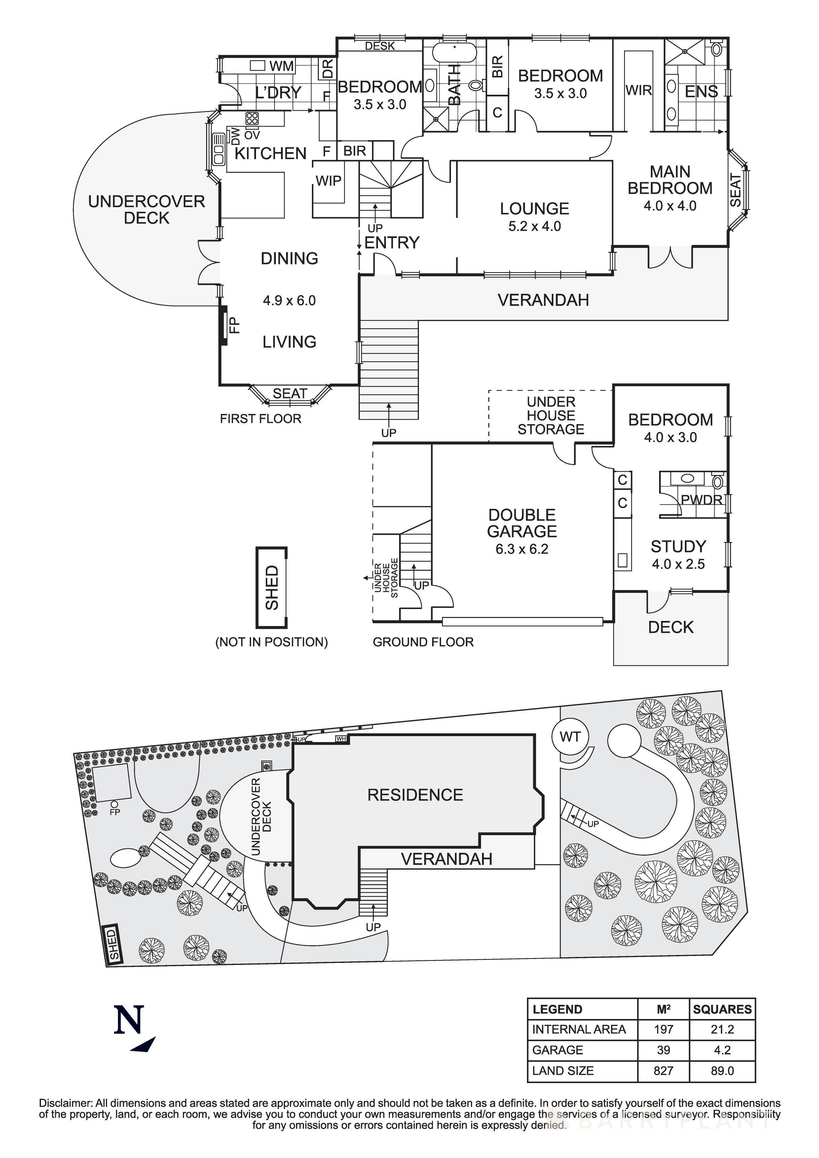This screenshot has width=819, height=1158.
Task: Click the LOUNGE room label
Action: pyautogui.click(x=535, y=209)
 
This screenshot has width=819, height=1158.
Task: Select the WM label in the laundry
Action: pyautogui.click(x=281, y=66)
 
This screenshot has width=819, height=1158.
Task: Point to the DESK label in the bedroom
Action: pyautogui.click(x=380, y=46)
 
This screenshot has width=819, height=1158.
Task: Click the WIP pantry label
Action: pyautogui.click(x=328, y=181)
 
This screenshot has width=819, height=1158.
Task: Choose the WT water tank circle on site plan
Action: pyautogui.click(x=570, y=737)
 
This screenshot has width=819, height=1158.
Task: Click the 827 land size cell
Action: pyautogui.click(x=663, y=1071)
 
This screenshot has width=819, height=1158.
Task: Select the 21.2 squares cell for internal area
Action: pyautogui.click(x=722, y=1029)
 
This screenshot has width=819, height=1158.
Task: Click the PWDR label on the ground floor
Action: pyautogui.click(x=701, y=500)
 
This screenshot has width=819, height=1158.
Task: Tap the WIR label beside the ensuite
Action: pyautogui.click(x=638, y=90)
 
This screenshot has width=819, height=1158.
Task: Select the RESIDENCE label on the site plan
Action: pyautogui.click(x=415, y=795)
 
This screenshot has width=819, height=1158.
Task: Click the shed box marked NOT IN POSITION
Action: pyautogui.click(x=272, y=588)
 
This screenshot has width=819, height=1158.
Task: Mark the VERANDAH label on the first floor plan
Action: pyautogui.click(x=543, y=300)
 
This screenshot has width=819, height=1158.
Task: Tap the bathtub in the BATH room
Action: pyautogui.click(x=454, y=52)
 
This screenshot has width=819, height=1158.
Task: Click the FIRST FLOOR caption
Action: pyautogui.click(x=260, y=419)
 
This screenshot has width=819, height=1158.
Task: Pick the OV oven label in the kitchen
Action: pyautogui.click(x=252, y=135)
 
